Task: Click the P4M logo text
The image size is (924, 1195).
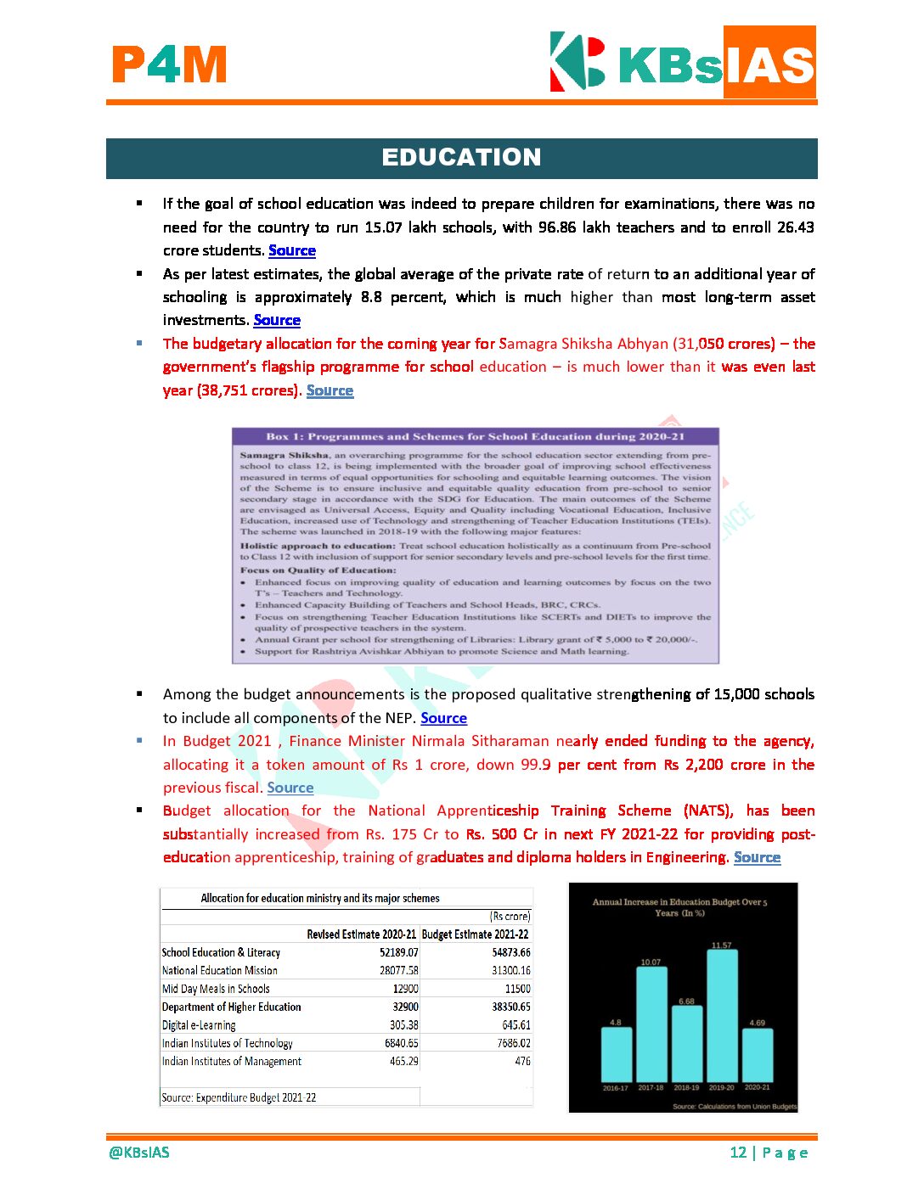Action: [169, 65]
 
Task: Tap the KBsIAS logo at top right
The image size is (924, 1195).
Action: [683, 63]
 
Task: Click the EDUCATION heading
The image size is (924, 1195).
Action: [461, 158]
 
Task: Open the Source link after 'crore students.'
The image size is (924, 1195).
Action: [292, 250]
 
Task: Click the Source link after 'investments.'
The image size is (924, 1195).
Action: [277, 320]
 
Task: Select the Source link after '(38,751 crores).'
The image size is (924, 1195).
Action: [330, 390]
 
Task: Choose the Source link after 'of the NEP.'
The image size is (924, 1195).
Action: [443, 718]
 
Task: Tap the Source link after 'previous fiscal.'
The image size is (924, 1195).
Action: [290, 788]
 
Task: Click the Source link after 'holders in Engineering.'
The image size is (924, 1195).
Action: [757, 857]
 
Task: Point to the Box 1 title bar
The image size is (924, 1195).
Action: [475, 436]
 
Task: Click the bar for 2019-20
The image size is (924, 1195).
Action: [722, 1015]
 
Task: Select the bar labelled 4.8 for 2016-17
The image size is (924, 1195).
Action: [616, 1053]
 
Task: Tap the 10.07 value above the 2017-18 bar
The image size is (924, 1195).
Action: [651, 962]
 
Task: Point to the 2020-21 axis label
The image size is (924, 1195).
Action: [758, 1087]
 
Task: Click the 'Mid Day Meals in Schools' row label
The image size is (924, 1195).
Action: [216, 989]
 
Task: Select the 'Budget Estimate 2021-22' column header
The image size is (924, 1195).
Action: [475, 934]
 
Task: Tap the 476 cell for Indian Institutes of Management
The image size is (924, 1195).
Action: [522, 1061]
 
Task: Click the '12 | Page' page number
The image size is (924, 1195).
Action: [769, 1153]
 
